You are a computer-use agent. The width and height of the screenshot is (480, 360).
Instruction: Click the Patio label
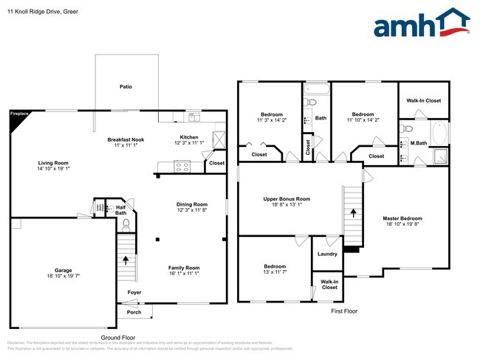click(x=126, y=87)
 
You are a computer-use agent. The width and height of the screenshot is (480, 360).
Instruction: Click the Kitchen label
click(x=189, y=136)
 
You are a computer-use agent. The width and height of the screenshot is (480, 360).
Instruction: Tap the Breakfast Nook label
click(x=126, y=139)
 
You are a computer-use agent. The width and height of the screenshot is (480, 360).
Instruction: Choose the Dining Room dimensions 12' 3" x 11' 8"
click(x=191, y=211)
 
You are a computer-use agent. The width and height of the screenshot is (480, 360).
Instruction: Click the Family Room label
click(x=184, y=267)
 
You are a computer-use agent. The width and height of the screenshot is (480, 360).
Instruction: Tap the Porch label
click(x=134, y=311)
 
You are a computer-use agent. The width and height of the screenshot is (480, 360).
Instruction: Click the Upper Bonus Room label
click(x=287, y=198)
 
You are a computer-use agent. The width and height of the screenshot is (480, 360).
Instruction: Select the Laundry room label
click(x=327, y=254)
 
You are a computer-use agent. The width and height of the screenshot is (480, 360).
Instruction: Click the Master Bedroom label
click(x=402, y=218)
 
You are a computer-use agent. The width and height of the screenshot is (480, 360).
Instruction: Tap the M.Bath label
click(x=419, y=143)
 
